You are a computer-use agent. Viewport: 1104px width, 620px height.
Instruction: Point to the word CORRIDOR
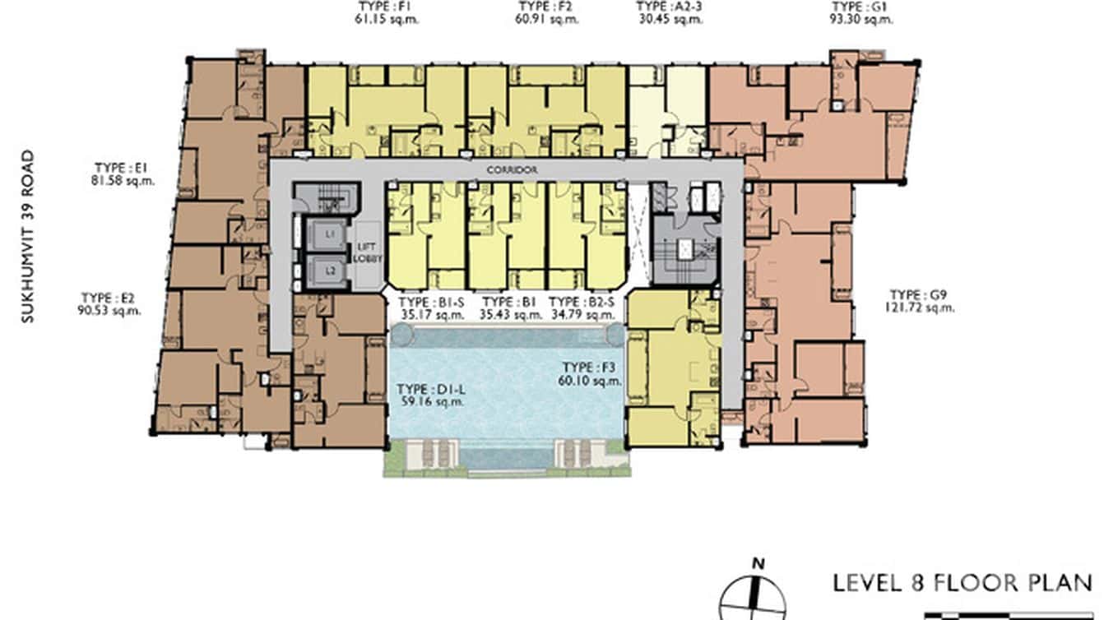tap(511, 170)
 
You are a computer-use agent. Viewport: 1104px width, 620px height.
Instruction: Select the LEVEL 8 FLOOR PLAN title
tap(963, 583)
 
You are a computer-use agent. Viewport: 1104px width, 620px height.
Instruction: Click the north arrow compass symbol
tap(753, 593)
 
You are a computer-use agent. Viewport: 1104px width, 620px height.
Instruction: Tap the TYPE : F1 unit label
tap(387, 7)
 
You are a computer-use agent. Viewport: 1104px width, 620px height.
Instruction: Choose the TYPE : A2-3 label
tap(669, 7)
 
